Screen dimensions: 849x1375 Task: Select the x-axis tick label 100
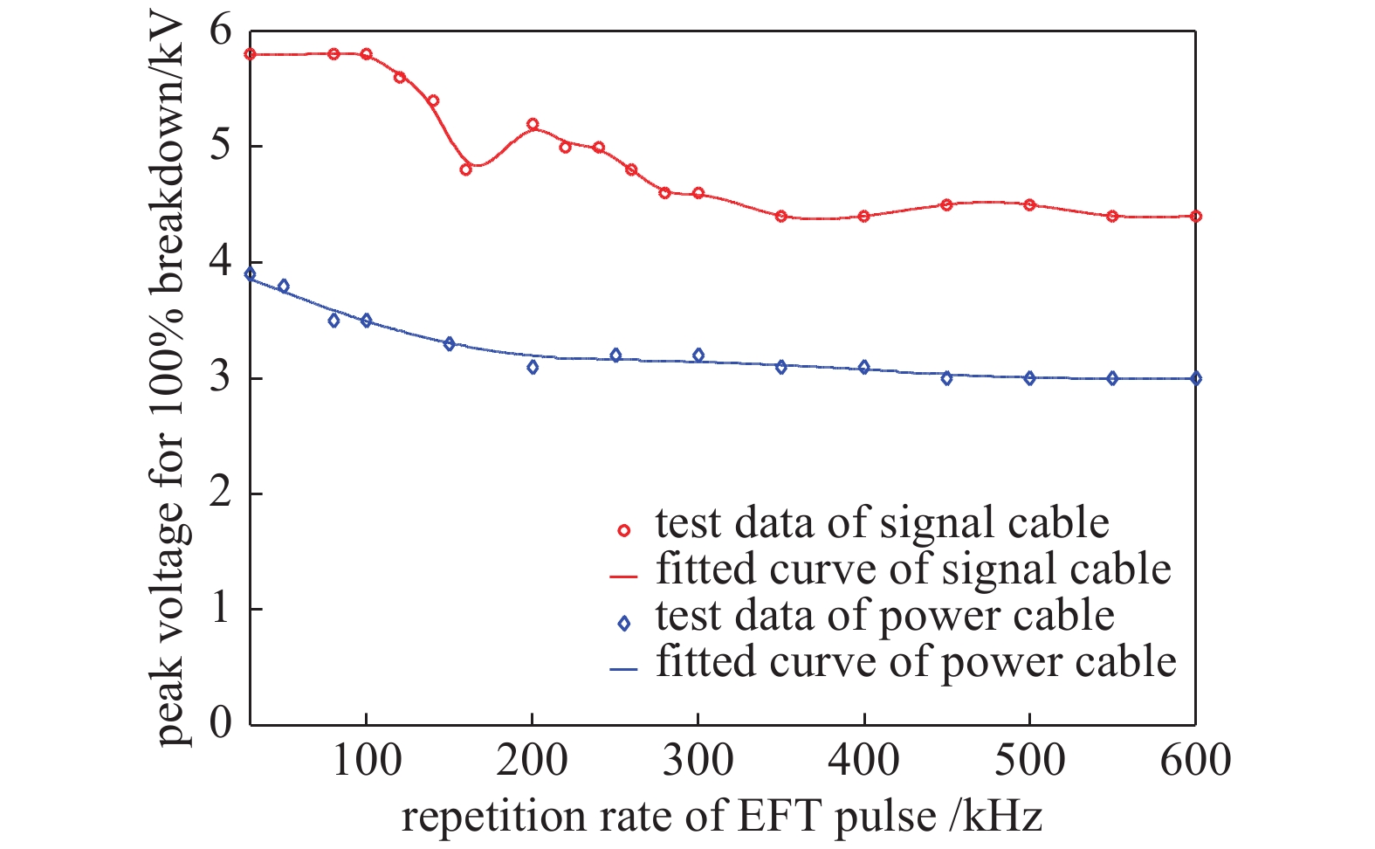click(x=366, y=760)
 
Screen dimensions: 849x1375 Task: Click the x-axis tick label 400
click(x=864, y=760)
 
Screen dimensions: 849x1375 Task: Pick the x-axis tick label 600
click(x=1195, y=760)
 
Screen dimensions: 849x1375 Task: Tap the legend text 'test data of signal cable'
click(x=882, y=523)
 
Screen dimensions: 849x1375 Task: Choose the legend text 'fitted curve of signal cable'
click(x=913, y=569)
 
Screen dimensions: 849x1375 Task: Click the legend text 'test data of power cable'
click(x=884, y=616)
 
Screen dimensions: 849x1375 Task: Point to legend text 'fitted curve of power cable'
click(x=916, y=662)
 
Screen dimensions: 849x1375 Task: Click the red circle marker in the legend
click(x=623, y=530)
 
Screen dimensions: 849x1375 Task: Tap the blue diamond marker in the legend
click(x=623, y=624)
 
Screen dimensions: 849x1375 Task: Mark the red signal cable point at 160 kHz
click(x=465, y=169)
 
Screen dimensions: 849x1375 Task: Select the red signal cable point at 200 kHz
click(x=533, y=124)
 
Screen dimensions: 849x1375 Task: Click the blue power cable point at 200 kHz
click(x=533, y=367)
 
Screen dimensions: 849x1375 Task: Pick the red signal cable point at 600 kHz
click(x=1195, y=216)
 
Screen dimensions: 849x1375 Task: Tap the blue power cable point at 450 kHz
click(x=946, y=378)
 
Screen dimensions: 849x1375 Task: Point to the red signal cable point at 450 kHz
click(x=946, y=204)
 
